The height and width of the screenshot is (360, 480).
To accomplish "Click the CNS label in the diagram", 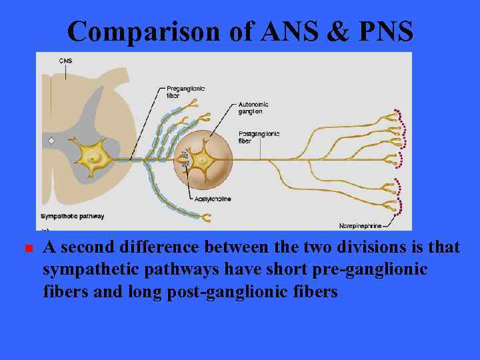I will click(65, 61).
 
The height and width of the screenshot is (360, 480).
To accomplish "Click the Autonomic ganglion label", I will click(254, 108).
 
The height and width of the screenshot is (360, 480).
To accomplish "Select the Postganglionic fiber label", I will click(259, 137).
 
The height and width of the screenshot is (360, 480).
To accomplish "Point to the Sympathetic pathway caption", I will click(72, 216).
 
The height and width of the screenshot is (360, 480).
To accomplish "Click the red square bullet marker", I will click(29, 249).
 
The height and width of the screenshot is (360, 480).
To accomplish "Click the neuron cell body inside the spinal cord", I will click(95, 157).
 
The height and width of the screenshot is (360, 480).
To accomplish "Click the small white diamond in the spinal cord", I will click(51, 141).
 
